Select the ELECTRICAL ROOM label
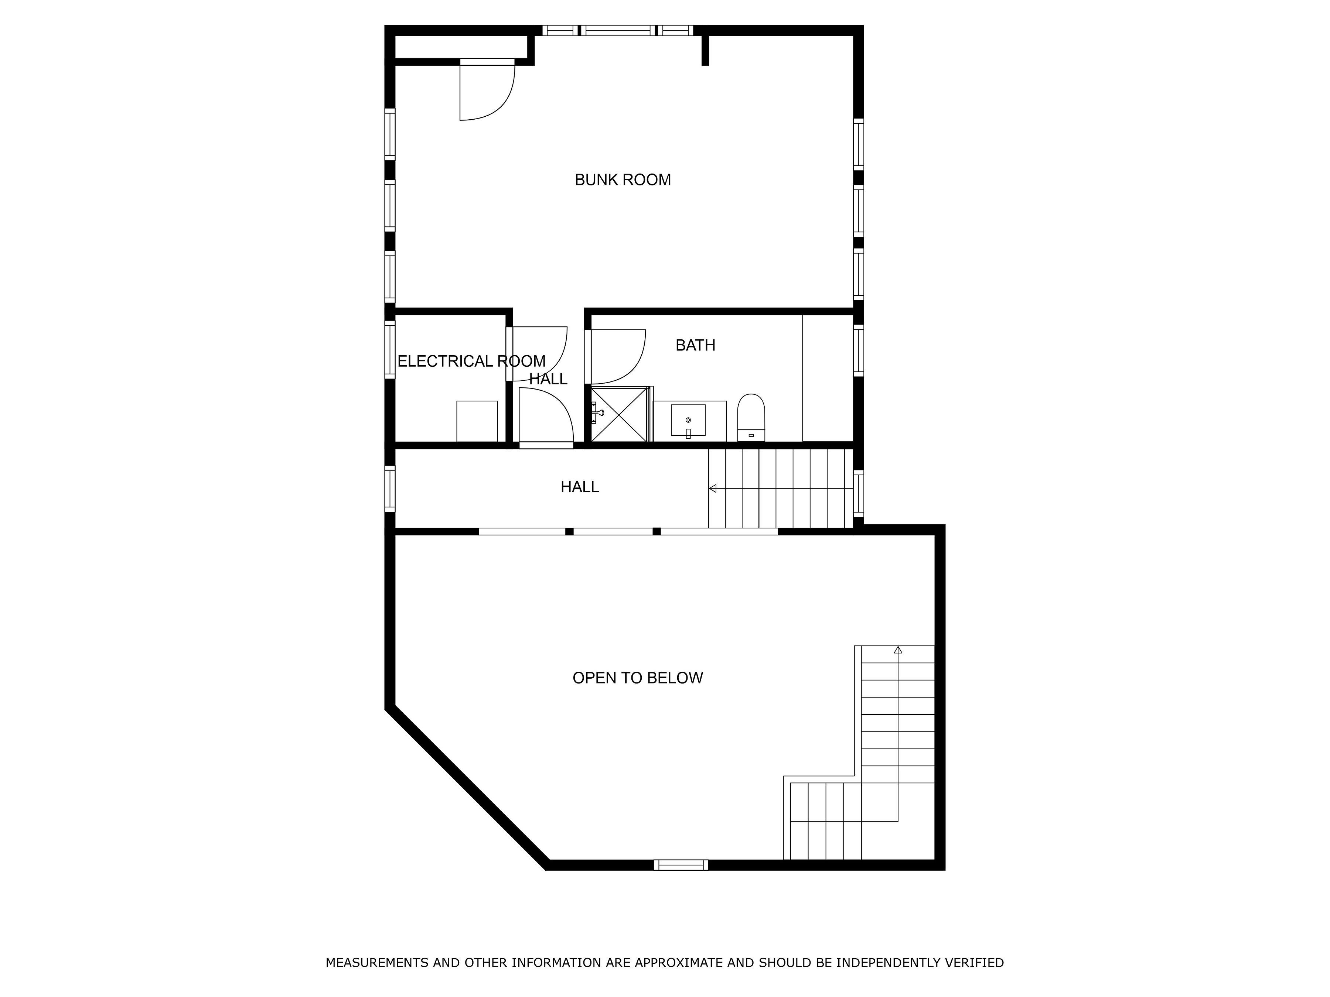471,361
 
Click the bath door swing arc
631,373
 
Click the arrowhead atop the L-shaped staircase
898,650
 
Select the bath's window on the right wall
859,350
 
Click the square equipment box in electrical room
477,421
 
